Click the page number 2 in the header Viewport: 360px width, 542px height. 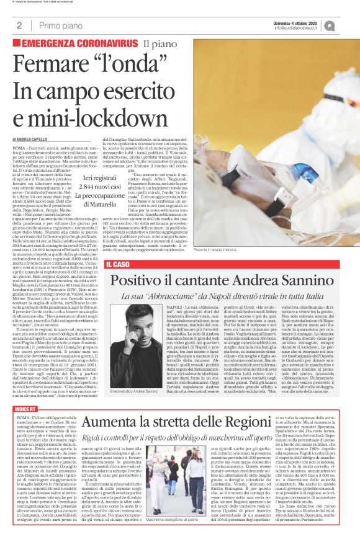(x=20, y=25)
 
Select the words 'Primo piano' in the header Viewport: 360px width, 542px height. (x=58, y=25)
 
